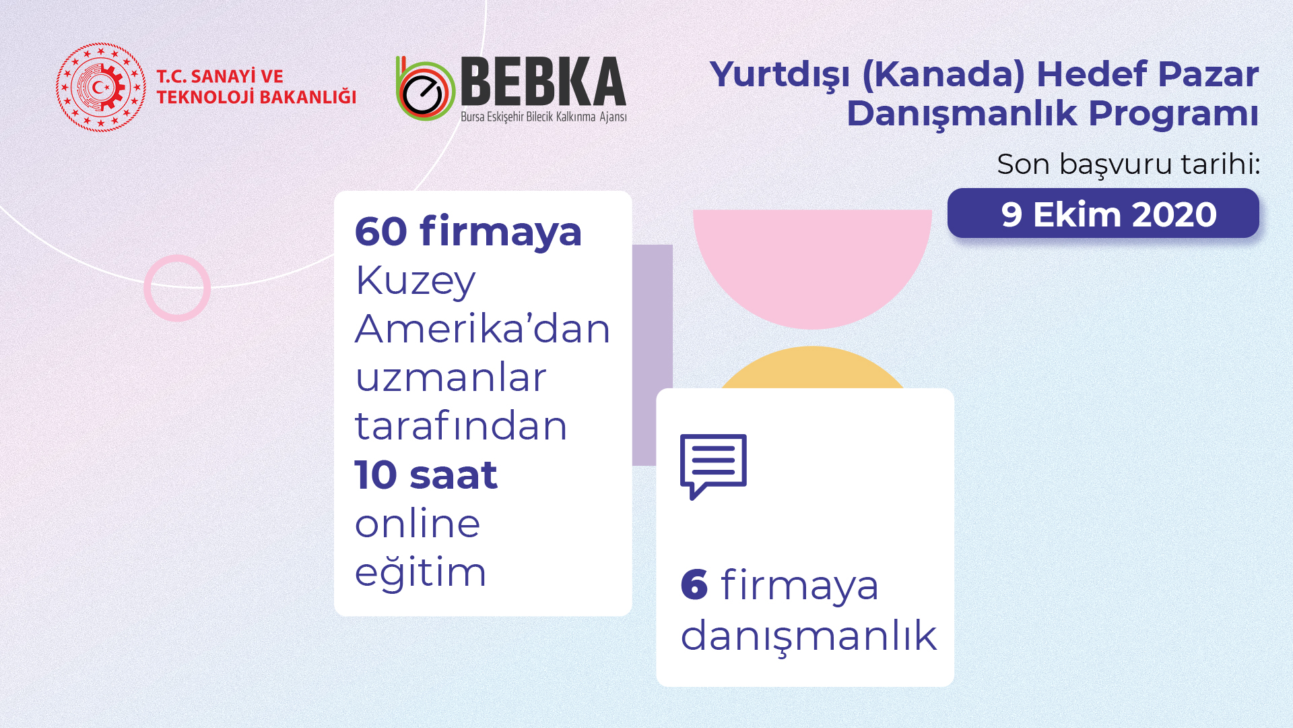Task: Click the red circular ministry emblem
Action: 101,87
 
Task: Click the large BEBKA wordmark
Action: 543,81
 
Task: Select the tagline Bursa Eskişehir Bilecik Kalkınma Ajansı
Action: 543,117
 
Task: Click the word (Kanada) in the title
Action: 943,75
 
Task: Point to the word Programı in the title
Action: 1173,114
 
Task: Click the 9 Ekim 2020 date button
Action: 1103,213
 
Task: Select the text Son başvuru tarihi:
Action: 1128,164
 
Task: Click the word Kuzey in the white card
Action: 415,280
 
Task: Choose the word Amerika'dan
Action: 482,329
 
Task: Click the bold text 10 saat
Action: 426,475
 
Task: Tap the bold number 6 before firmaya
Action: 694,584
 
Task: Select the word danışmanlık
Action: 808,636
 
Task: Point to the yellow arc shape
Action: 812,367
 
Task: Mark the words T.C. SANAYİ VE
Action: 220,76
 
